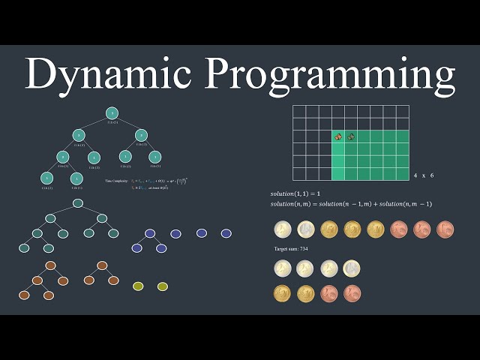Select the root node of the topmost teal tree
(111, 113)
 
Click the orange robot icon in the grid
(339, 136)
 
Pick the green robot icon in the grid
(351, 136)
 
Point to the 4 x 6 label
(424, 175)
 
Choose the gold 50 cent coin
(329, 229)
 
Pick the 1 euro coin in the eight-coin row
(306, 229)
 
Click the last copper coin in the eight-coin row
(445, 229)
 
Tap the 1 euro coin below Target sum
(352, 268)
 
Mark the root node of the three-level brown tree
(50, 265)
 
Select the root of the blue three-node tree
(149, 233)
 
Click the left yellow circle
(138, 286)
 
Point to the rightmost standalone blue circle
(226, 233)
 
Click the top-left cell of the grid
(299, 112)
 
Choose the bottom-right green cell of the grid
(403, 174)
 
